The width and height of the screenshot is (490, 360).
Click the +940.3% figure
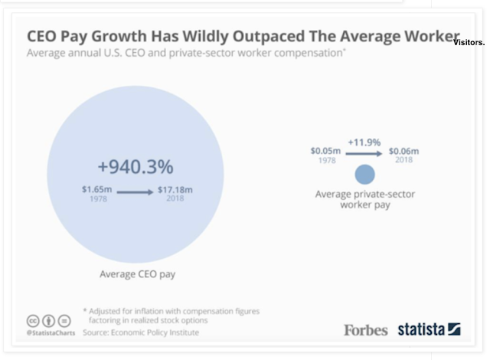(x=136, y=165)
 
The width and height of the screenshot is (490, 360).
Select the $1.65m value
(x=96, y=188)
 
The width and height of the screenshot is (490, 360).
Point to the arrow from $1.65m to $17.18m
(x=135, y=192)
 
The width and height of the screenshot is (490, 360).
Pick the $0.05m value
(x=325, y=151)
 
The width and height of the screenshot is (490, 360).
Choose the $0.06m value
(x=403, y=151)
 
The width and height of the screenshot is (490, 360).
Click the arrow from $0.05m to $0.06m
(x=364, y=155)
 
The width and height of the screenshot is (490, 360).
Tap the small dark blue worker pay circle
(x=365, y=174)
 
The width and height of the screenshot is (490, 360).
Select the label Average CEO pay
(x=136, y=273)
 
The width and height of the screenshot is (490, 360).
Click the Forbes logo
(x=366, y=330)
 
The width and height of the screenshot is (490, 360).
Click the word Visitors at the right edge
(x=469, y=43)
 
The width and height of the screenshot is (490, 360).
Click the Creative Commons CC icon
(x=33, y=320)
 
